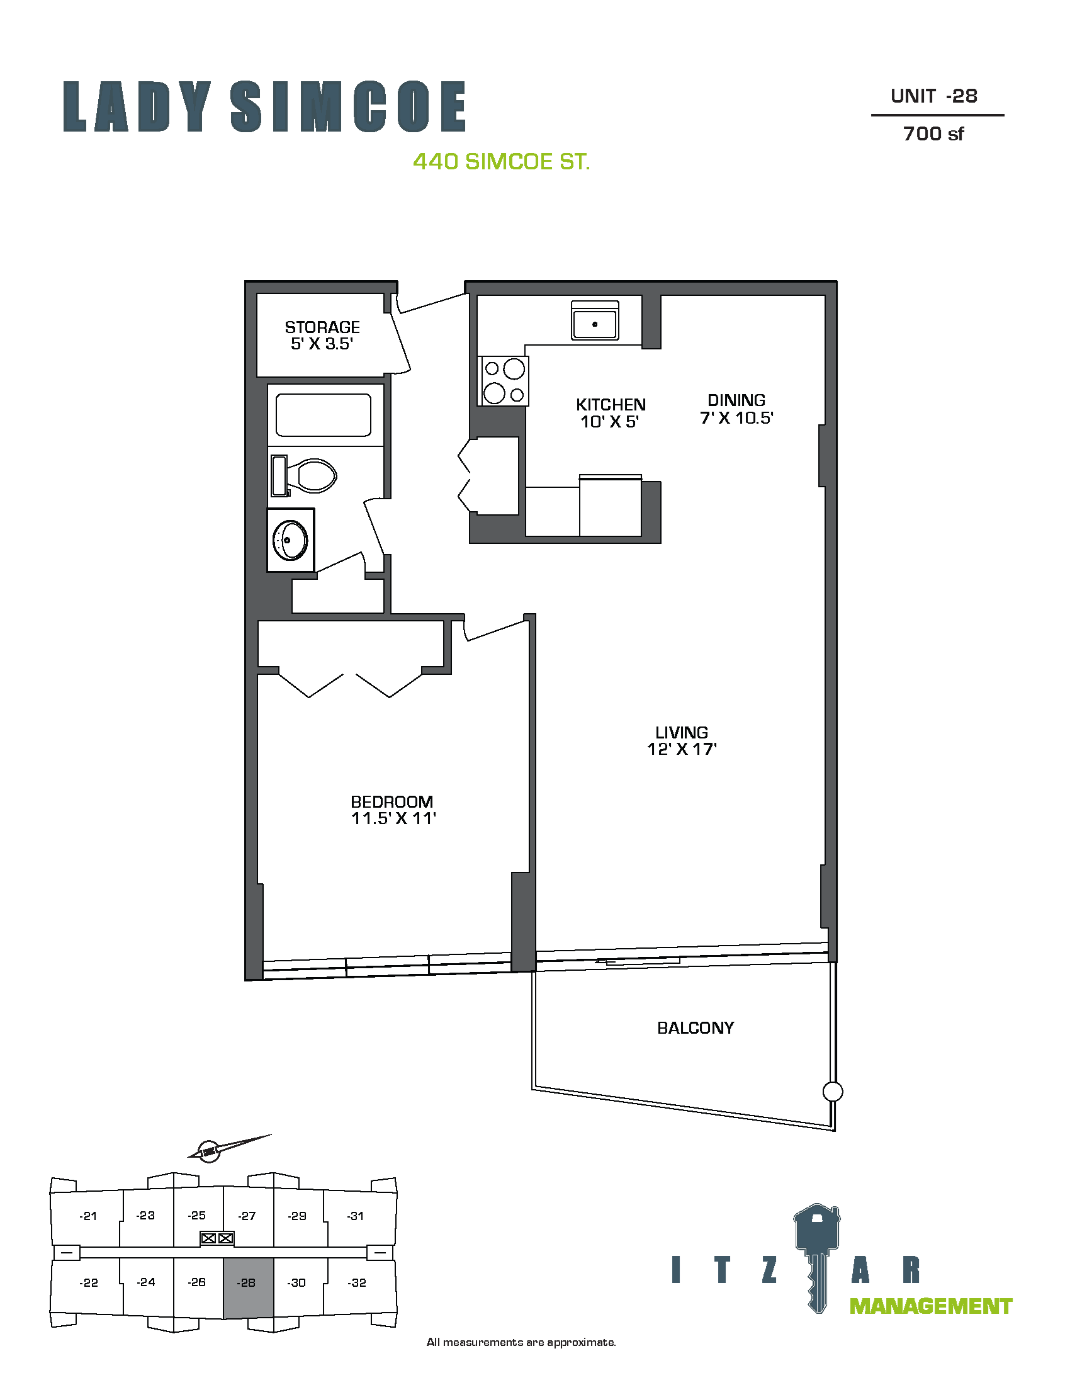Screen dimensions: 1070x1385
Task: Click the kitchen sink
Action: pos(595,320)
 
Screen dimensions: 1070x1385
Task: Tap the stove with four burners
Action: pos(504,380)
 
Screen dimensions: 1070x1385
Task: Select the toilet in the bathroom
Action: pos(303,475)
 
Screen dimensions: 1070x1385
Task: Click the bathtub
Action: pos(324,415)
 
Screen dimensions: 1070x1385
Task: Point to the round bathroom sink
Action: pos(290,540)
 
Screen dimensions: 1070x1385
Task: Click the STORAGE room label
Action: pos(322,327)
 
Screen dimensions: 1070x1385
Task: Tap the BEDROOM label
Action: pos(391,801)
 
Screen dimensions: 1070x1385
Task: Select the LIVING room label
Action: pos(682,732)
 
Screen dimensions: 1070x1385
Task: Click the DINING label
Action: pos(736,400)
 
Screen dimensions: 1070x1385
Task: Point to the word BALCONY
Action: pos(695,1028)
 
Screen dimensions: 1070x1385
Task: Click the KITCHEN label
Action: pos(611,405)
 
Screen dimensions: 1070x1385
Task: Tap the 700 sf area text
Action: pos(933,134)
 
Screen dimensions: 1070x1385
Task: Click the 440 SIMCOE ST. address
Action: pos(502,162)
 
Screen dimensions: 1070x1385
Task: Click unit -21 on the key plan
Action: pos(88,1216)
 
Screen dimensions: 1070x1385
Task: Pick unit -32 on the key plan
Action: pos(357,1282)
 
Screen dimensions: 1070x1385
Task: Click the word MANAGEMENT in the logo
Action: pos(930,1306)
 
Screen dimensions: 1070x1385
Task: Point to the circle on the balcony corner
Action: pos(833,1092)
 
